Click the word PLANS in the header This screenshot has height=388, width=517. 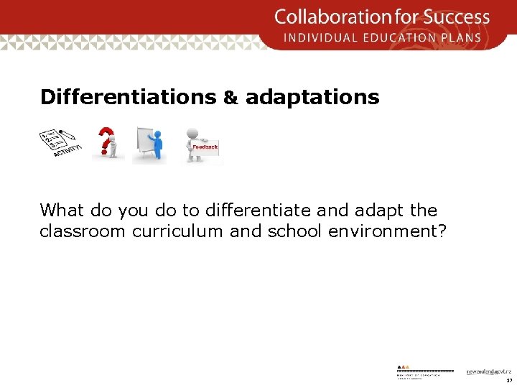click(x=467, y=37)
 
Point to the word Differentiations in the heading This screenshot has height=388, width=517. click(x=128, y=98)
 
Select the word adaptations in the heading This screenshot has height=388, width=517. click(x=312, y=98)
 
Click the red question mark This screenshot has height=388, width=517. click(x=106, y=139)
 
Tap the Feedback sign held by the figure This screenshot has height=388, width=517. click(x=205, y=147)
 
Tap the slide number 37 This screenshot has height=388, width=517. click(x=509, y=381)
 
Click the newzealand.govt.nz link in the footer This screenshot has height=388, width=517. click(x=488, y=371)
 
